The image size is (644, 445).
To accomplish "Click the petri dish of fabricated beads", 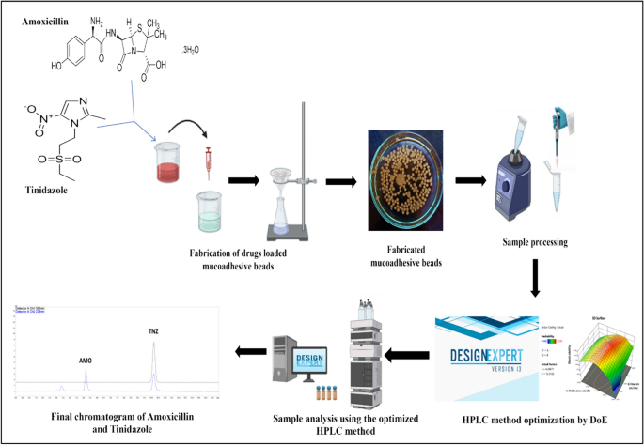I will click(402, 177).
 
